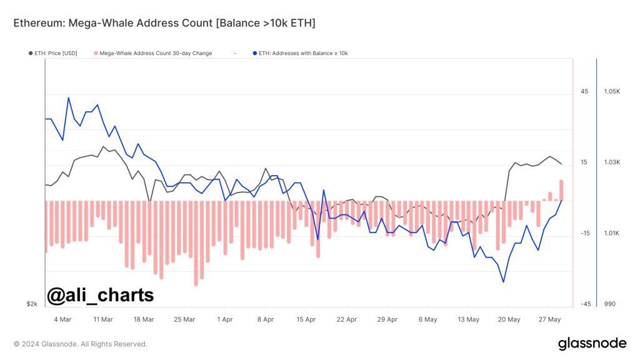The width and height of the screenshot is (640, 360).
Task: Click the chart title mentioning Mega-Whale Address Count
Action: (x=164, y=23)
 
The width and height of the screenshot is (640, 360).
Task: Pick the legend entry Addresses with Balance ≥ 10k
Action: (x=302, y=53)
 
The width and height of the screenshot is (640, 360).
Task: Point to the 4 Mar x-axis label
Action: (x=62, y=319)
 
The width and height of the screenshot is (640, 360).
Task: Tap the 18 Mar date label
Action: (x=144, y=319)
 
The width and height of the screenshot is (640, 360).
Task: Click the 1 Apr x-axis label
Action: (x=225, y=319)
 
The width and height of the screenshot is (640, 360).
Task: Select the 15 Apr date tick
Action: (x=306, y=319)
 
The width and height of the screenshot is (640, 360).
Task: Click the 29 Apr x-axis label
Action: (x=387, y=319)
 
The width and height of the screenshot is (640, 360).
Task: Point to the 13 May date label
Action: (x=469, y=319)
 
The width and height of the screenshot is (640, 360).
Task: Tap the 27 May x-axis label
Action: (x=550, y=319)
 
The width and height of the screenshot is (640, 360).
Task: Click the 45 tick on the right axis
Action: (x=584, y=92)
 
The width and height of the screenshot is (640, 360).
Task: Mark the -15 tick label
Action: (x=585, y=234)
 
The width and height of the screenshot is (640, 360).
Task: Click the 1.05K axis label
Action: (x=612, y=92)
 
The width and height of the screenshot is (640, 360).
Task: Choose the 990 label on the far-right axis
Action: (x=610, y=304)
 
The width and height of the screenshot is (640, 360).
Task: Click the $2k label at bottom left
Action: (x=32, y=304)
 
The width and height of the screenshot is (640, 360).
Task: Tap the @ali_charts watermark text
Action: (x=101, y=294)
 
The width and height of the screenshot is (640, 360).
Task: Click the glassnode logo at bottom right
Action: (x=592, y=343)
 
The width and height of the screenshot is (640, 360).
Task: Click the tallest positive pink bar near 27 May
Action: (x=561, y=190)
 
